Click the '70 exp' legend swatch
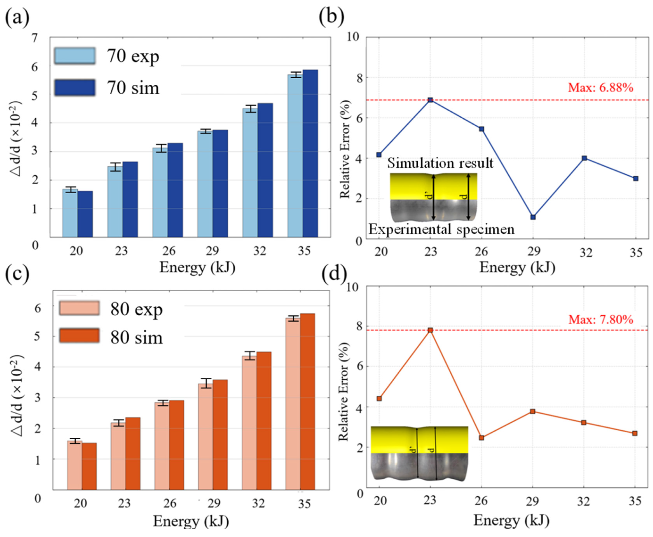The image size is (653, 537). [x=75, y=56]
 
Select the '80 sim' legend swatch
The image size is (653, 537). [x=79, y=336]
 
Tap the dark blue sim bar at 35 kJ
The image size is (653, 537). [x=310, y=154]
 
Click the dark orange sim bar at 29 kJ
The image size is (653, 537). [x=220, y=435]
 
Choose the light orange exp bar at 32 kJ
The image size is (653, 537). [x=249, y=422]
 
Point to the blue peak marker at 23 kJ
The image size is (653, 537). [x=430, y=100]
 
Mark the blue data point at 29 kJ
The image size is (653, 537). [x=533, y=217]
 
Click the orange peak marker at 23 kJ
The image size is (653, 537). [x=430, y=330]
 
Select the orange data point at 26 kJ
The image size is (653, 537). [x=481, y=438]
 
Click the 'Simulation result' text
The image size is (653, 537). [x=440, y=163]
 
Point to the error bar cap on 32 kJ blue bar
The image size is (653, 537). [x=250, y=106]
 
